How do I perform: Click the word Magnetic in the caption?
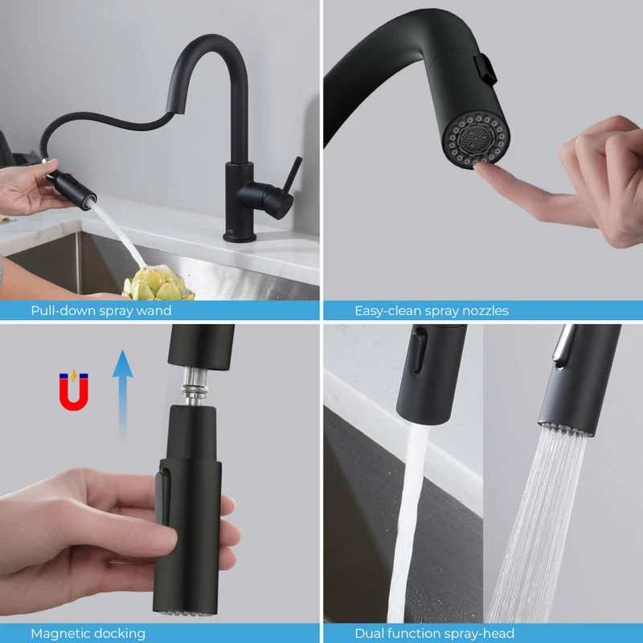(59, 633)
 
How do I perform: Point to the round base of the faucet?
(240, 235)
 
